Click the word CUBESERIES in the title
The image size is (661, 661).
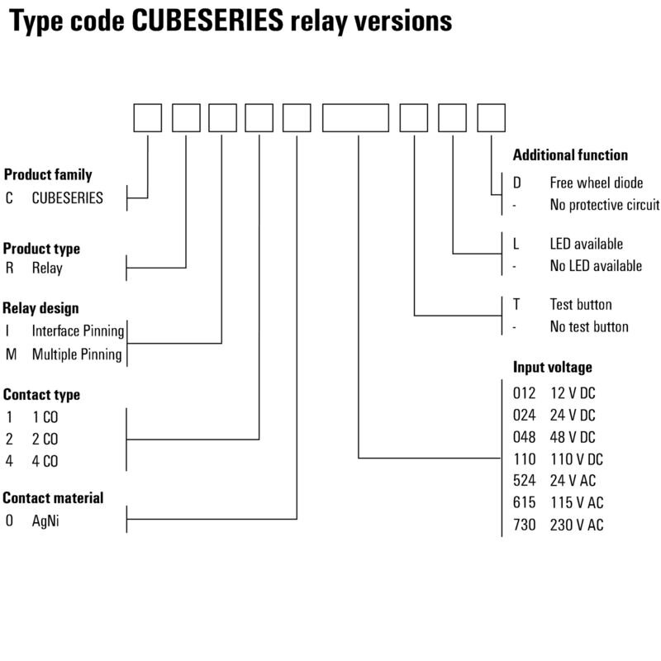[207, 20]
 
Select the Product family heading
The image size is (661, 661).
[48, 174]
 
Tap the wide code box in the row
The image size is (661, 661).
[355, 117]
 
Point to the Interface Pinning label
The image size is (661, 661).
[78, 331]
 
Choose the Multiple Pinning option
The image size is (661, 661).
[77, 354]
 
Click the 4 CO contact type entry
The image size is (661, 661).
[45, 461]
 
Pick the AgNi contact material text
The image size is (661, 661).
[45, 521]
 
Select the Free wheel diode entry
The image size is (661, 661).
[596, 183]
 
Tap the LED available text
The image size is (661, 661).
[586, 244]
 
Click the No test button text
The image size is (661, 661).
[589, 326]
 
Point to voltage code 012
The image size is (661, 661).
[524, 393]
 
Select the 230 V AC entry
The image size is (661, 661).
[577, 525]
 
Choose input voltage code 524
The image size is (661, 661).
[524, 480]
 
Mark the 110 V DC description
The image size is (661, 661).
[577, 459]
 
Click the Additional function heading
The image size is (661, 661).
[570, 155]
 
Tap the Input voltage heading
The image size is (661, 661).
[552, 367]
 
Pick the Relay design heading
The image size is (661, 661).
[40, 308]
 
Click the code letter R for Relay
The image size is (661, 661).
[9, 268]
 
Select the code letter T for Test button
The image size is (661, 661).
[516, 304]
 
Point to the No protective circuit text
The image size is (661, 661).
[605, 204]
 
